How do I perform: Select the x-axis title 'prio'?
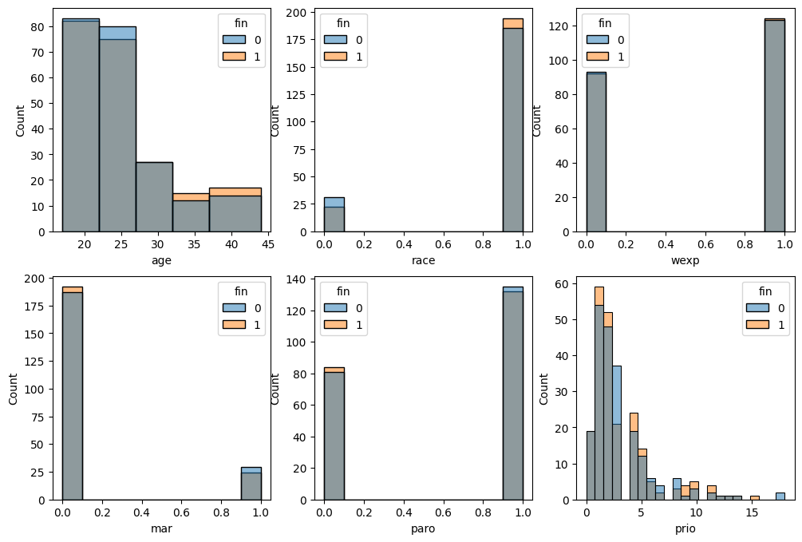point(685,528)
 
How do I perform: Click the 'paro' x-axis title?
point(423,528)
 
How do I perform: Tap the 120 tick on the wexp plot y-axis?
point(558,26)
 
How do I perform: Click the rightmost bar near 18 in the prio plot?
point(780,497)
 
